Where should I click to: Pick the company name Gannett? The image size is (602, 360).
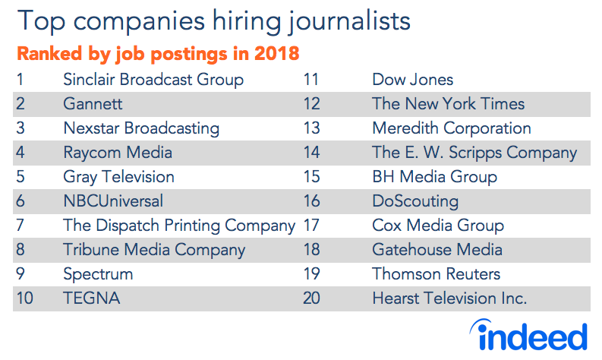[x=93, y=104]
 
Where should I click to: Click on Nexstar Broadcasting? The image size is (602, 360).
[x=141, y=128]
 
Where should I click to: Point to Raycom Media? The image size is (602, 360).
[x=118, y=153]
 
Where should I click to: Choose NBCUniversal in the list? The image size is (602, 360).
[x=113, y=201]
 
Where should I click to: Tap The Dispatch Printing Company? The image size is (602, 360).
[x=179, y=226]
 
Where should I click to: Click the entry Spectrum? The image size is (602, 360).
[x=98, y=274]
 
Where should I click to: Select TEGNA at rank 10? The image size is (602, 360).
[x=92, y=298]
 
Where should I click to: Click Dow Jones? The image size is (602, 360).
[x=412, y=80]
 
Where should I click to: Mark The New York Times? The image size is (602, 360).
[x=448, y=104]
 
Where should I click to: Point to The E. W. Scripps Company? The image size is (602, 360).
[x=474, y=153]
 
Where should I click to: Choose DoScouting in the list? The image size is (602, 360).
[x=415, y=201]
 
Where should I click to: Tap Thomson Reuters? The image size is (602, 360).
[x=436, y=274]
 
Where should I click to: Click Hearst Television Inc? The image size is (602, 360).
[x=449, y=298]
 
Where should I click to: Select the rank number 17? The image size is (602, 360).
[x=310, y=226]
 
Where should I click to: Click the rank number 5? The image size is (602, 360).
[x=20, y=177]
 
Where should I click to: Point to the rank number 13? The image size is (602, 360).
[x=310, y=128]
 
